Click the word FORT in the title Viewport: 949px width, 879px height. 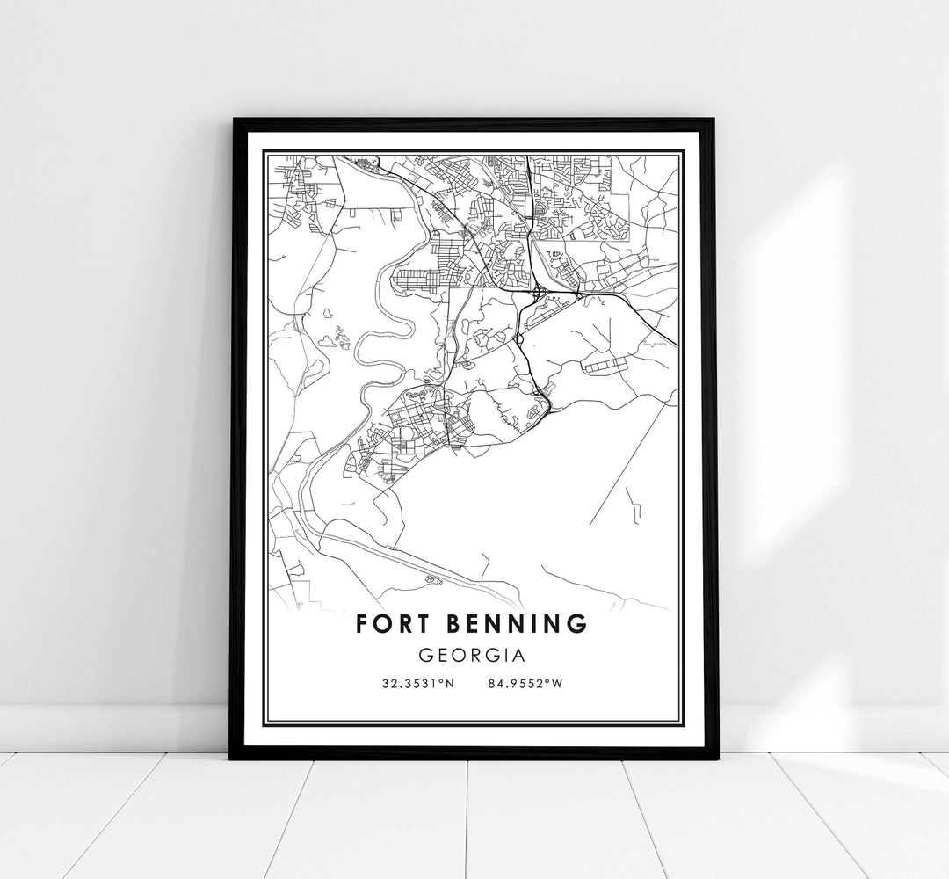coord(391,624)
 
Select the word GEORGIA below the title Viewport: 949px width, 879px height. coord(472,656)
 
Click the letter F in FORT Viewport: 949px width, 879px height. coord(362,624)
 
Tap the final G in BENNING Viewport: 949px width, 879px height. coord(577,624)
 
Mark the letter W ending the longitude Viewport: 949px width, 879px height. coord(556,684)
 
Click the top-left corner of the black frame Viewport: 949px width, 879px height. coord(233,119)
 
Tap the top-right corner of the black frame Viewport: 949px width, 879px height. coord(714,119)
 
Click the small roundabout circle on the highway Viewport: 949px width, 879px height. coord(519,338)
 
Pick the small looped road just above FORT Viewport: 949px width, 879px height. coord(431,579)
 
